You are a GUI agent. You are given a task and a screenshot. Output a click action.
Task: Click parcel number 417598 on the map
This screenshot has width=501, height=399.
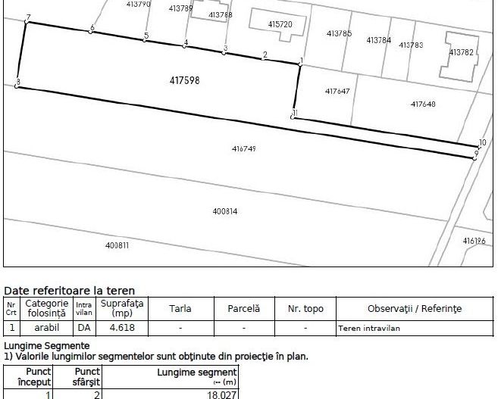pyautogui.click(x=185, y=78)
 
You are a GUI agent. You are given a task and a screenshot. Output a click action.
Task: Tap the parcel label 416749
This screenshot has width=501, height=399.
pyautogui.click(x=243, y=149)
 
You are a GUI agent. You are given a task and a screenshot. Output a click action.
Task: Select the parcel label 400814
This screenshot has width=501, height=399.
pyautogui.click(x=225, y=211)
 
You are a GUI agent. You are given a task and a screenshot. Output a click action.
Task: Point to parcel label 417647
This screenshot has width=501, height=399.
pyautogui.click(x=337, y=91)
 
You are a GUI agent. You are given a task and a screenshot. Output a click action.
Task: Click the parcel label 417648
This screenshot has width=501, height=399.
pyautogui.click(x=423, y=104)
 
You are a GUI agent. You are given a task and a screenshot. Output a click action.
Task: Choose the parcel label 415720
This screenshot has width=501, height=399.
pyautogui.click(x=280, y=24)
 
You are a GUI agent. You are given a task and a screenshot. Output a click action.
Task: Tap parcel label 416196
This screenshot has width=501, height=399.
pyautogui.click(x=474, y=240)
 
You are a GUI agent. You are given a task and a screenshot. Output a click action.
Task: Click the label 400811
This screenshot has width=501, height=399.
pyautogui.click(x=117, y=245)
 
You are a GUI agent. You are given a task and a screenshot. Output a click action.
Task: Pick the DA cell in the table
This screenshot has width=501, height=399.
pyautogui.click(x=84, y=329)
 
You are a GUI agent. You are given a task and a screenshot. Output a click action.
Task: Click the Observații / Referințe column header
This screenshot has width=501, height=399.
pyautogui.click(x=414, y=309)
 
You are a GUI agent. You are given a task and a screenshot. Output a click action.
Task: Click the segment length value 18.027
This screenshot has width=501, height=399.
pyautogui.click(x=221, y=394)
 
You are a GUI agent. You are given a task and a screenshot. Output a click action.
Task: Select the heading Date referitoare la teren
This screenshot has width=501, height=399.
pyautogui.click(x=70, y=290)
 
